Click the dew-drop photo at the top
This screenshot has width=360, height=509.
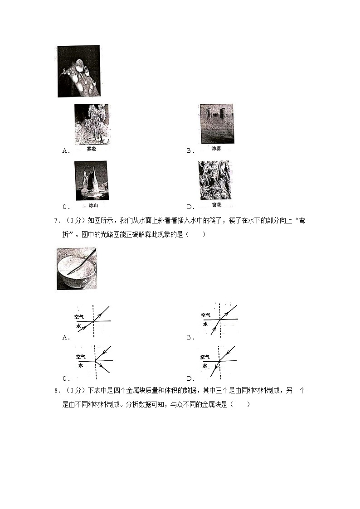click(x=78, y=71)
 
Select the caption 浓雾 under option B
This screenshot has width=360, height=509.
click(x=217, y=149)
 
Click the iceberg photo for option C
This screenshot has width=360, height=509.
click(x=91, y=180)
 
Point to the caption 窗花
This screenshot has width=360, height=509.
click(x=215, y=204)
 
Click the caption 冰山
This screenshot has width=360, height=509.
click(x=93, y=205)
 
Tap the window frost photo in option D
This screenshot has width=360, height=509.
click(x=214, y=180)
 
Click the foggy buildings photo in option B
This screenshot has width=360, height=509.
click(x=217, y=124)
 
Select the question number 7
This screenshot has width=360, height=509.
click(x=56, y=221)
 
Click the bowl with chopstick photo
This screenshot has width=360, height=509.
click(x=77, y=269)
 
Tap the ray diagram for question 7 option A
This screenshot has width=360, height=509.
click(x=93, y=321)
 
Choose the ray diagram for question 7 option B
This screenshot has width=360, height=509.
click(x=219, y=320)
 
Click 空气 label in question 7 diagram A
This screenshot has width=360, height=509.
click(x=79, y=316)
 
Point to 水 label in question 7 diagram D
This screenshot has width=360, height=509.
click(x=204, y=365)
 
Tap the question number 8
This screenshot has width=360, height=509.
click(x=56, y=391)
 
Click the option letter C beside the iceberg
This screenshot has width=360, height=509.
click(x=65, y=207)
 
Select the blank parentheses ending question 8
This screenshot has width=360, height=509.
click(x=239, y=404)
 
